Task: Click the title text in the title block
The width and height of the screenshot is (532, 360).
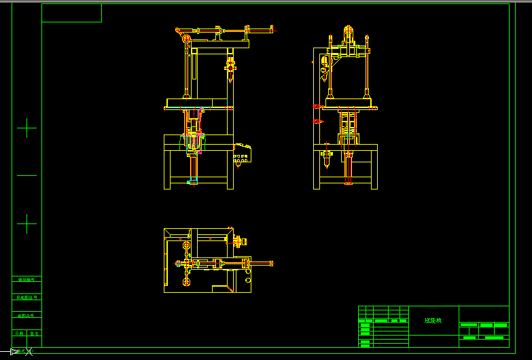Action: (433, 320)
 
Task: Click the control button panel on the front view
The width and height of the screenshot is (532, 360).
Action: (242, 156)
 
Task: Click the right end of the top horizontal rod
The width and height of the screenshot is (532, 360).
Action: (272, 29)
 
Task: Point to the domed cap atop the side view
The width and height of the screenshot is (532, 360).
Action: (348, 31)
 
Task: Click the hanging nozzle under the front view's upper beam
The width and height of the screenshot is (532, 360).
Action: (231, 67)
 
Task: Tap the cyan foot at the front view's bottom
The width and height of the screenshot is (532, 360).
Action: (192, 180)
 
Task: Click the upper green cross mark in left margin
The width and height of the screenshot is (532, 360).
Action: (26, 128)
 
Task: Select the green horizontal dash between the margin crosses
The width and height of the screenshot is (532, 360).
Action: (26, 175)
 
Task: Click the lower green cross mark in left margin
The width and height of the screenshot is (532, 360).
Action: (26, 223)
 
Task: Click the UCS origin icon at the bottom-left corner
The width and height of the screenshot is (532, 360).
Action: (15, 351)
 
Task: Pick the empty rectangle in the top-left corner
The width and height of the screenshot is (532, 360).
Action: (71, 13)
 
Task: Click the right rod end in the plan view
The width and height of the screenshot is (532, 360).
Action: (272, 263)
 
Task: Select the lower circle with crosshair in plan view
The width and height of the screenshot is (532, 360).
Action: (185, 280)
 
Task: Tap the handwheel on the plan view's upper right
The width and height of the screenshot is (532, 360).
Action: (242, 241)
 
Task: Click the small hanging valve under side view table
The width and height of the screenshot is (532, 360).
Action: (327, 155)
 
